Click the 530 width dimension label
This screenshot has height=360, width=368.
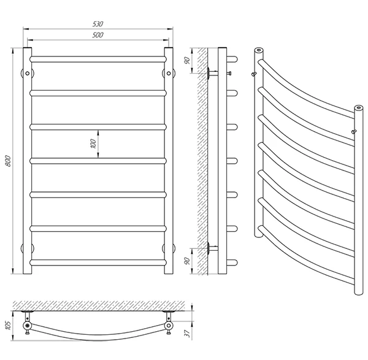(x=98, y=24)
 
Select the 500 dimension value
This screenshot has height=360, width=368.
(x=98, y=35)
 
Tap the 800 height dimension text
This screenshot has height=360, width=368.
(x=8, y=161)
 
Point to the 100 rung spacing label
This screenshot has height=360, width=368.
(x=93, y=144)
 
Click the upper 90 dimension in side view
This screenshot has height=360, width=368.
(x=187, y=61)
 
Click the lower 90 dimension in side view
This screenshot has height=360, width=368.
(x=187, y=261)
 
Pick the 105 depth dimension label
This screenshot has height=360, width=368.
(x=8, y=326)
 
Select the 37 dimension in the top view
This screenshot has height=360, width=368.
(x=188, y=334)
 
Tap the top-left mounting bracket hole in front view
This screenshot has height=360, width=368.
(x=28, y=73)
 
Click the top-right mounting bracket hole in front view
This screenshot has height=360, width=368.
(x=169, y=73)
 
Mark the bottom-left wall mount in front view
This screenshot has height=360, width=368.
(x=28, y=248)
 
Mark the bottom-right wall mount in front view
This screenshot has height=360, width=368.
(x=169, y=248)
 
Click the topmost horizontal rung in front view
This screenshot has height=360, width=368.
(x=98, y=59)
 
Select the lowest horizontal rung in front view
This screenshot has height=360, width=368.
(x=98, y=262)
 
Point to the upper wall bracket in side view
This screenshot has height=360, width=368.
(x=212, y=73)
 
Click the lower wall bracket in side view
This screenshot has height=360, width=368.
(x=212, y=248)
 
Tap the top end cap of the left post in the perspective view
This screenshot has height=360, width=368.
(x=259, y=50)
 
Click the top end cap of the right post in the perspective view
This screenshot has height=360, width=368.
(x=358, y=108)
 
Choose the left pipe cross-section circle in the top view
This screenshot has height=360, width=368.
(x=28, y=325)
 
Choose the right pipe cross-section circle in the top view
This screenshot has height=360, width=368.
(x=169, y=325)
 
